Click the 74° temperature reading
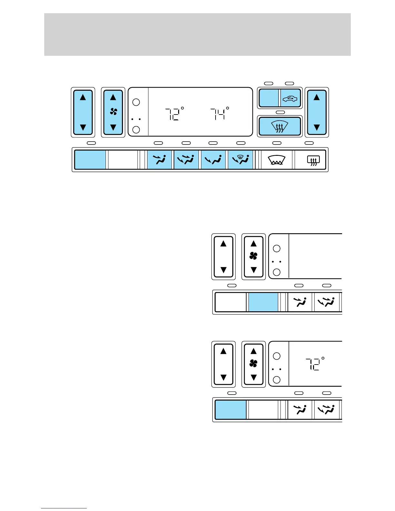click(x=219, y=114)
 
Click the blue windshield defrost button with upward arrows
click(x=280, y=126)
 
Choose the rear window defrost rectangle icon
click(x=313, y=160)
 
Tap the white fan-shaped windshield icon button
click(x=277, y=160)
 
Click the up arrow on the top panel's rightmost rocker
click(x=317, y=97)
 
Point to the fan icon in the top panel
click(x=113, y=112)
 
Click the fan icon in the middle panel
click(x=253, y=256)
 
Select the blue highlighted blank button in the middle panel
click(x=263, y=302)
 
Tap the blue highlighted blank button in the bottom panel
click(x=230, y=410)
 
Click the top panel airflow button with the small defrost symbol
click(x=240, y=160)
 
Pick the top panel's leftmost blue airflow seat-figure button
click(x=160, y=160)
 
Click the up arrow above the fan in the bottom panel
click(x=253, y=351)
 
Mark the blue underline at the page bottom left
click(x=64, y=508)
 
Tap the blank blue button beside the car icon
click(x=269, y=98)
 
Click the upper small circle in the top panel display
click(x=136, y=102)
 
